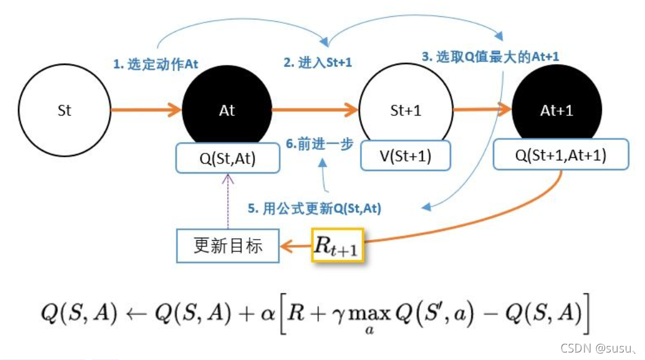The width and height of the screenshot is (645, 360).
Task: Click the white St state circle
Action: [x=64, y=110]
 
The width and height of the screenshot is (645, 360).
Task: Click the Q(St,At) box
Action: [x=227, y=158]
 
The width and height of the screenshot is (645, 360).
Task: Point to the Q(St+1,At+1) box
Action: [x=560, y=156]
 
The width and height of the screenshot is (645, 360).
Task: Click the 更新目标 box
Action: [x=228, y=246]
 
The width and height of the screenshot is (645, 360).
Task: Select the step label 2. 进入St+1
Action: [x=318, y=62]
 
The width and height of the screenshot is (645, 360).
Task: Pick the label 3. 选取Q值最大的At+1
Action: [x=490, y=56]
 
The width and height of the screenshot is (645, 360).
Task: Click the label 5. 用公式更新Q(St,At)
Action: [x=314, y=210]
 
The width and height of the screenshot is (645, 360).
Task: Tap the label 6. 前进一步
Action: [x=320, y=144]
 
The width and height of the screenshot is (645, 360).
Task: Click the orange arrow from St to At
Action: [x=145, y=111]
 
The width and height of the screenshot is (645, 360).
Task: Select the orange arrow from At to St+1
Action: [x=315, y=111]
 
